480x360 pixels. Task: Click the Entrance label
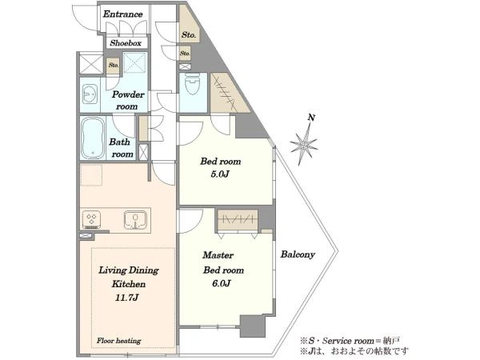(122, 14)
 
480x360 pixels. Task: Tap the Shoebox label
(126, 43)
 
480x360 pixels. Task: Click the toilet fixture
(192, 84)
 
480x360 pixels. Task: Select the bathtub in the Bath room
(93, 138)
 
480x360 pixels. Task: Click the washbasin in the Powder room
(90, 94)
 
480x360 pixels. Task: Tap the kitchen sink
(136, 220)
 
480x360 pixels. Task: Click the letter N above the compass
(311, 118)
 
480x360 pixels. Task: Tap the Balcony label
(298, 254)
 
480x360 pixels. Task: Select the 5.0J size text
(220, 174)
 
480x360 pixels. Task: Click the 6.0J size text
(221, 283)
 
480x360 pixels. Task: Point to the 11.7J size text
(127, 298)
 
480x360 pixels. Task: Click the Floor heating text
(118, 341)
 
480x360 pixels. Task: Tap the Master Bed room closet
(238, 219)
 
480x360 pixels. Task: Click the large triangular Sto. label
(189, 35)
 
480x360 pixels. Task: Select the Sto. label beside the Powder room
(114, 66)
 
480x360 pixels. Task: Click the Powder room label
(127, 101)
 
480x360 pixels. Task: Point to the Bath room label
(122, 148)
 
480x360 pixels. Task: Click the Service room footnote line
(350, 341)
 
